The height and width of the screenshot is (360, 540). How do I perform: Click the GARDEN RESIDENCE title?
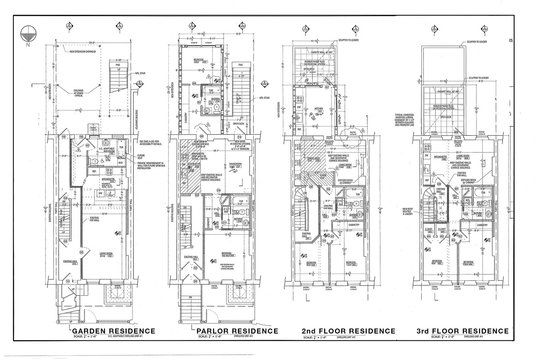coord(114,331)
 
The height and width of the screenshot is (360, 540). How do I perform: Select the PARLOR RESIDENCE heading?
coord(237,331)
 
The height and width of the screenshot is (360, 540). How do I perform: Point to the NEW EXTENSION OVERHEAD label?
coord(83,52)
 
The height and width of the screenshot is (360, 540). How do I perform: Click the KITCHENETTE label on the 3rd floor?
coord(440,157)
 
